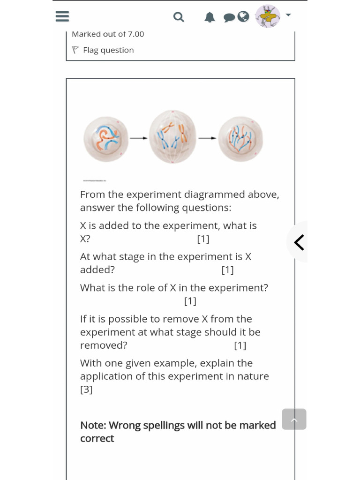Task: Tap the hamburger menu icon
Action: click(x=62, y=17)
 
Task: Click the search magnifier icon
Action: click(x=179, y=17)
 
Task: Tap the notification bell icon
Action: click(x=210, y=17)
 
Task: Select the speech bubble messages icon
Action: click(x=229, y=18)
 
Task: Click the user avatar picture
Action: click(x=268, y=16)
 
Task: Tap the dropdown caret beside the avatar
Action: click(x=288, y=15)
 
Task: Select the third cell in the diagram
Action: click(x=240, y=139)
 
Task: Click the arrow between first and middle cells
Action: click(x=138, y=138)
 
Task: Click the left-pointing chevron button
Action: click(x=299, y=242)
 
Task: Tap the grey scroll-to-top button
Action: click(x=294, y=419)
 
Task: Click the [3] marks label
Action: click(x=86, y=390)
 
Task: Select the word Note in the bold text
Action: click(x=93, y=425)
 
